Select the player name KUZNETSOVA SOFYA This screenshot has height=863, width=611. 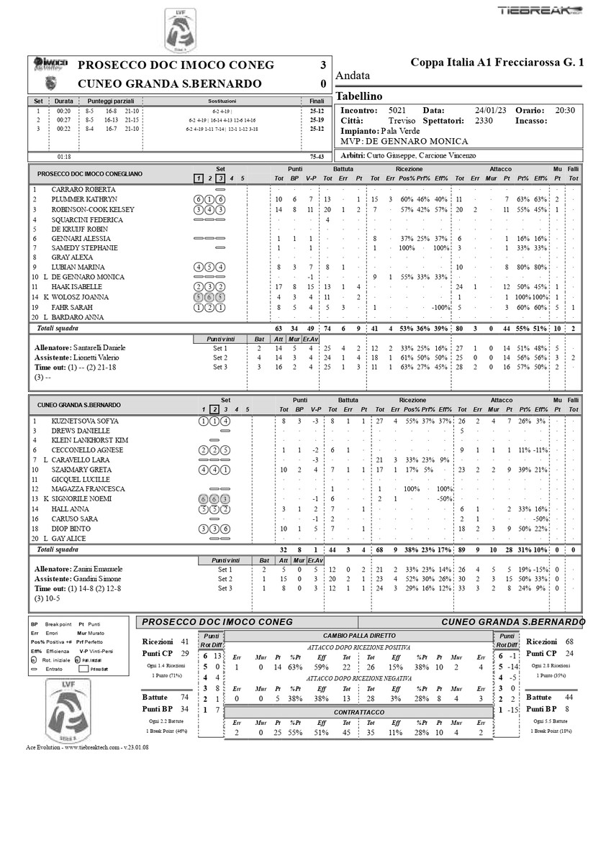[85, 421]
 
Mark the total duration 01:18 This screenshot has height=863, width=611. [63, 155]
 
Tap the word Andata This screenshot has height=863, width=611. [353, 76]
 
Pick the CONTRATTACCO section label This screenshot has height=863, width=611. [359, 712]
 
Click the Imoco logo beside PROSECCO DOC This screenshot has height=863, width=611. [50, 64]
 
